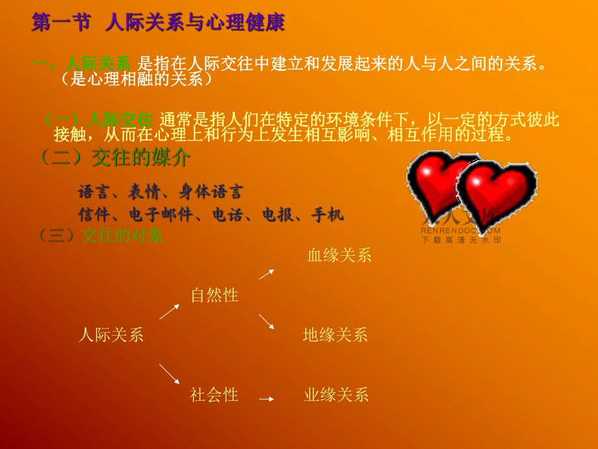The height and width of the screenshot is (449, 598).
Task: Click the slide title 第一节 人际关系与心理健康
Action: (158, 23)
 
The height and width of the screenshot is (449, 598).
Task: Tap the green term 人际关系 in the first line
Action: (98, 64)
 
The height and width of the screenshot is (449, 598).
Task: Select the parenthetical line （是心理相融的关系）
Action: (137, 79)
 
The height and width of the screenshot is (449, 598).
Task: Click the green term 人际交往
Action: (121, 120)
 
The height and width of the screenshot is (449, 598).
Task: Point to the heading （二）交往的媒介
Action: (115, 157)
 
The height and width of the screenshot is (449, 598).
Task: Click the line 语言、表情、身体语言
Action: (160, 192)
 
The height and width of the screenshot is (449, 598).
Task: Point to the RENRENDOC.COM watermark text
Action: (461, 230)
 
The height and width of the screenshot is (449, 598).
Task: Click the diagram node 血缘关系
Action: (339, 255)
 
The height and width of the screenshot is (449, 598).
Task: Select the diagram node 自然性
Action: (214, 295)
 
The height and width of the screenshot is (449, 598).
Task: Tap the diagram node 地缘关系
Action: (335, 335)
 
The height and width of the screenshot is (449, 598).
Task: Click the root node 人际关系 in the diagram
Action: (111, 335)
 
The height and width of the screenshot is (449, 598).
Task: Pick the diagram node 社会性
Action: (214, 394)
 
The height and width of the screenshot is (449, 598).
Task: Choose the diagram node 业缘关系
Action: (336, 394)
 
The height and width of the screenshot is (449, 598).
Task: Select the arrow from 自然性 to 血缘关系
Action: (266, 274)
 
